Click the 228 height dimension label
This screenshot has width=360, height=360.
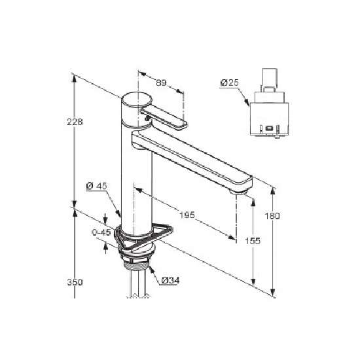75,122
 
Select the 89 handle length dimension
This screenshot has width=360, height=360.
161,82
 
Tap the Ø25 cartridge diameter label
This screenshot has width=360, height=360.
229,82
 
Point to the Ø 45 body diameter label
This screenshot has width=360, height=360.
97,186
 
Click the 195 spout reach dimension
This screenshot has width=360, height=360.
187,215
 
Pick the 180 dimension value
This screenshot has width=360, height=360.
272,216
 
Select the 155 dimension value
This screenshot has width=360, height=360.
253,241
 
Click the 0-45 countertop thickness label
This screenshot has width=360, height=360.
101,232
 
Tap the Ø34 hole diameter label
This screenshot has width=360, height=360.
170,280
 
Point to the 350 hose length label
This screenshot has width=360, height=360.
75,282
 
